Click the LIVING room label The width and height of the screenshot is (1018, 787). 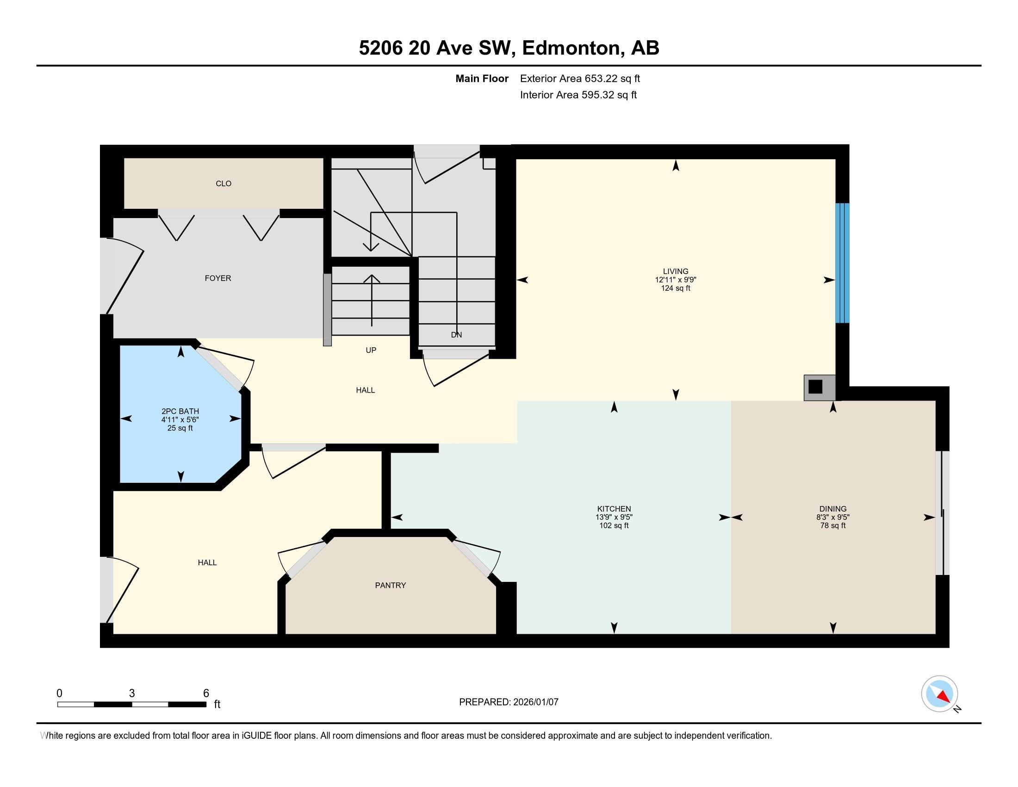tap(676, 271)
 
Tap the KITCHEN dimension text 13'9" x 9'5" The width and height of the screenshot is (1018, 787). tap(614, 517)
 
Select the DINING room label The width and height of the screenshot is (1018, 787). tap(833, 509)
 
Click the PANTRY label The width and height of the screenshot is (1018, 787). tap(391, 585)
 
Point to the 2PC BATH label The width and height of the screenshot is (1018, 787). tap(180, 411)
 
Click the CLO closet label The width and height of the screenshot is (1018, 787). tap(224, 184)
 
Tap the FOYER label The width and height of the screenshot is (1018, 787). tap(217, 278)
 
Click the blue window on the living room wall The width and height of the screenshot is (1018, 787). tap(842, 263)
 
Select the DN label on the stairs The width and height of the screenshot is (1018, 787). tap(456, 335)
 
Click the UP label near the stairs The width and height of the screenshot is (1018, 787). tap(371, 350)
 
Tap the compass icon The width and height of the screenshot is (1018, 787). tap(939, 694)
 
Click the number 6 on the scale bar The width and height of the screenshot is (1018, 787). tap(206, 693)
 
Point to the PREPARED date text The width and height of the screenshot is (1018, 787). tap(509, 702)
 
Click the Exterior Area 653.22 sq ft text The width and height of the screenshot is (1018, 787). tap(580, 78)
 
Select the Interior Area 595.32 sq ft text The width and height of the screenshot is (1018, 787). tap(578, 95)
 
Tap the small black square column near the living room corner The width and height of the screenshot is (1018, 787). tap(815, 387)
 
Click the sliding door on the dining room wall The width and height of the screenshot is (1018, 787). tap(943, 513)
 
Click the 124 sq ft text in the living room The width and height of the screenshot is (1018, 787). tap(676, 288)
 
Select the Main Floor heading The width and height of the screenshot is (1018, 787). tap(482, 78)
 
